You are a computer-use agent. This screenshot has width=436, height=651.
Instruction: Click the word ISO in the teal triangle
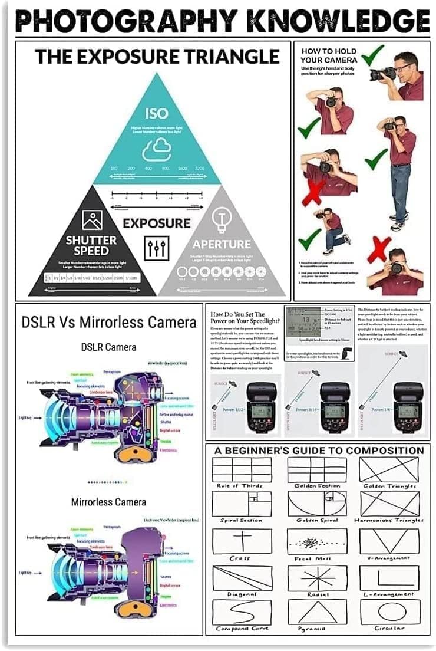tap(156, 113)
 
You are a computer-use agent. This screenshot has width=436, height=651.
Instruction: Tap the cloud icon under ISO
tap(156, 149)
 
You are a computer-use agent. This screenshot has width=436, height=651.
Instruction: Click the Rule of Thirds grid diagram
tap(242, 469)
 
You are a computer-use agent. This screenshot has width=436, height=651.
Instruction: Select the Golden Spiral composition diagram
tap(317, 504)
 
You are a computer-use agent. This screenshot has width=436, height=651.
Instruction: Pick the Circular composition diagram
tap(389, 611)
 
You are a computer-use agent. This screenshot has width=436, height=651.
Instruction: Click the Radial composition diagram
tap(317, 578)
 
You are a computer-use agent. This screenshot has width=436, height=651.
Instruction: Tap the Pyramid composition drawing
tap(317, 611)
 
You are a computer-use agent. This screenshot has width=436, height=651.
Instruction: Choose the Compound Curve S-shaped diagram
tap(242, 611)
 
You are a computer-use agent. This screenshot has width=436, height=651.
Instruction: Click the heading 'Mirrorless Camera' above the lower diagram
tap(109, 502)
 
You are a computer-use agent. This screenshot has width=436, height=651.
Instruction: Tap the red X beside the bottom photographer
tap(379, 250)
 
